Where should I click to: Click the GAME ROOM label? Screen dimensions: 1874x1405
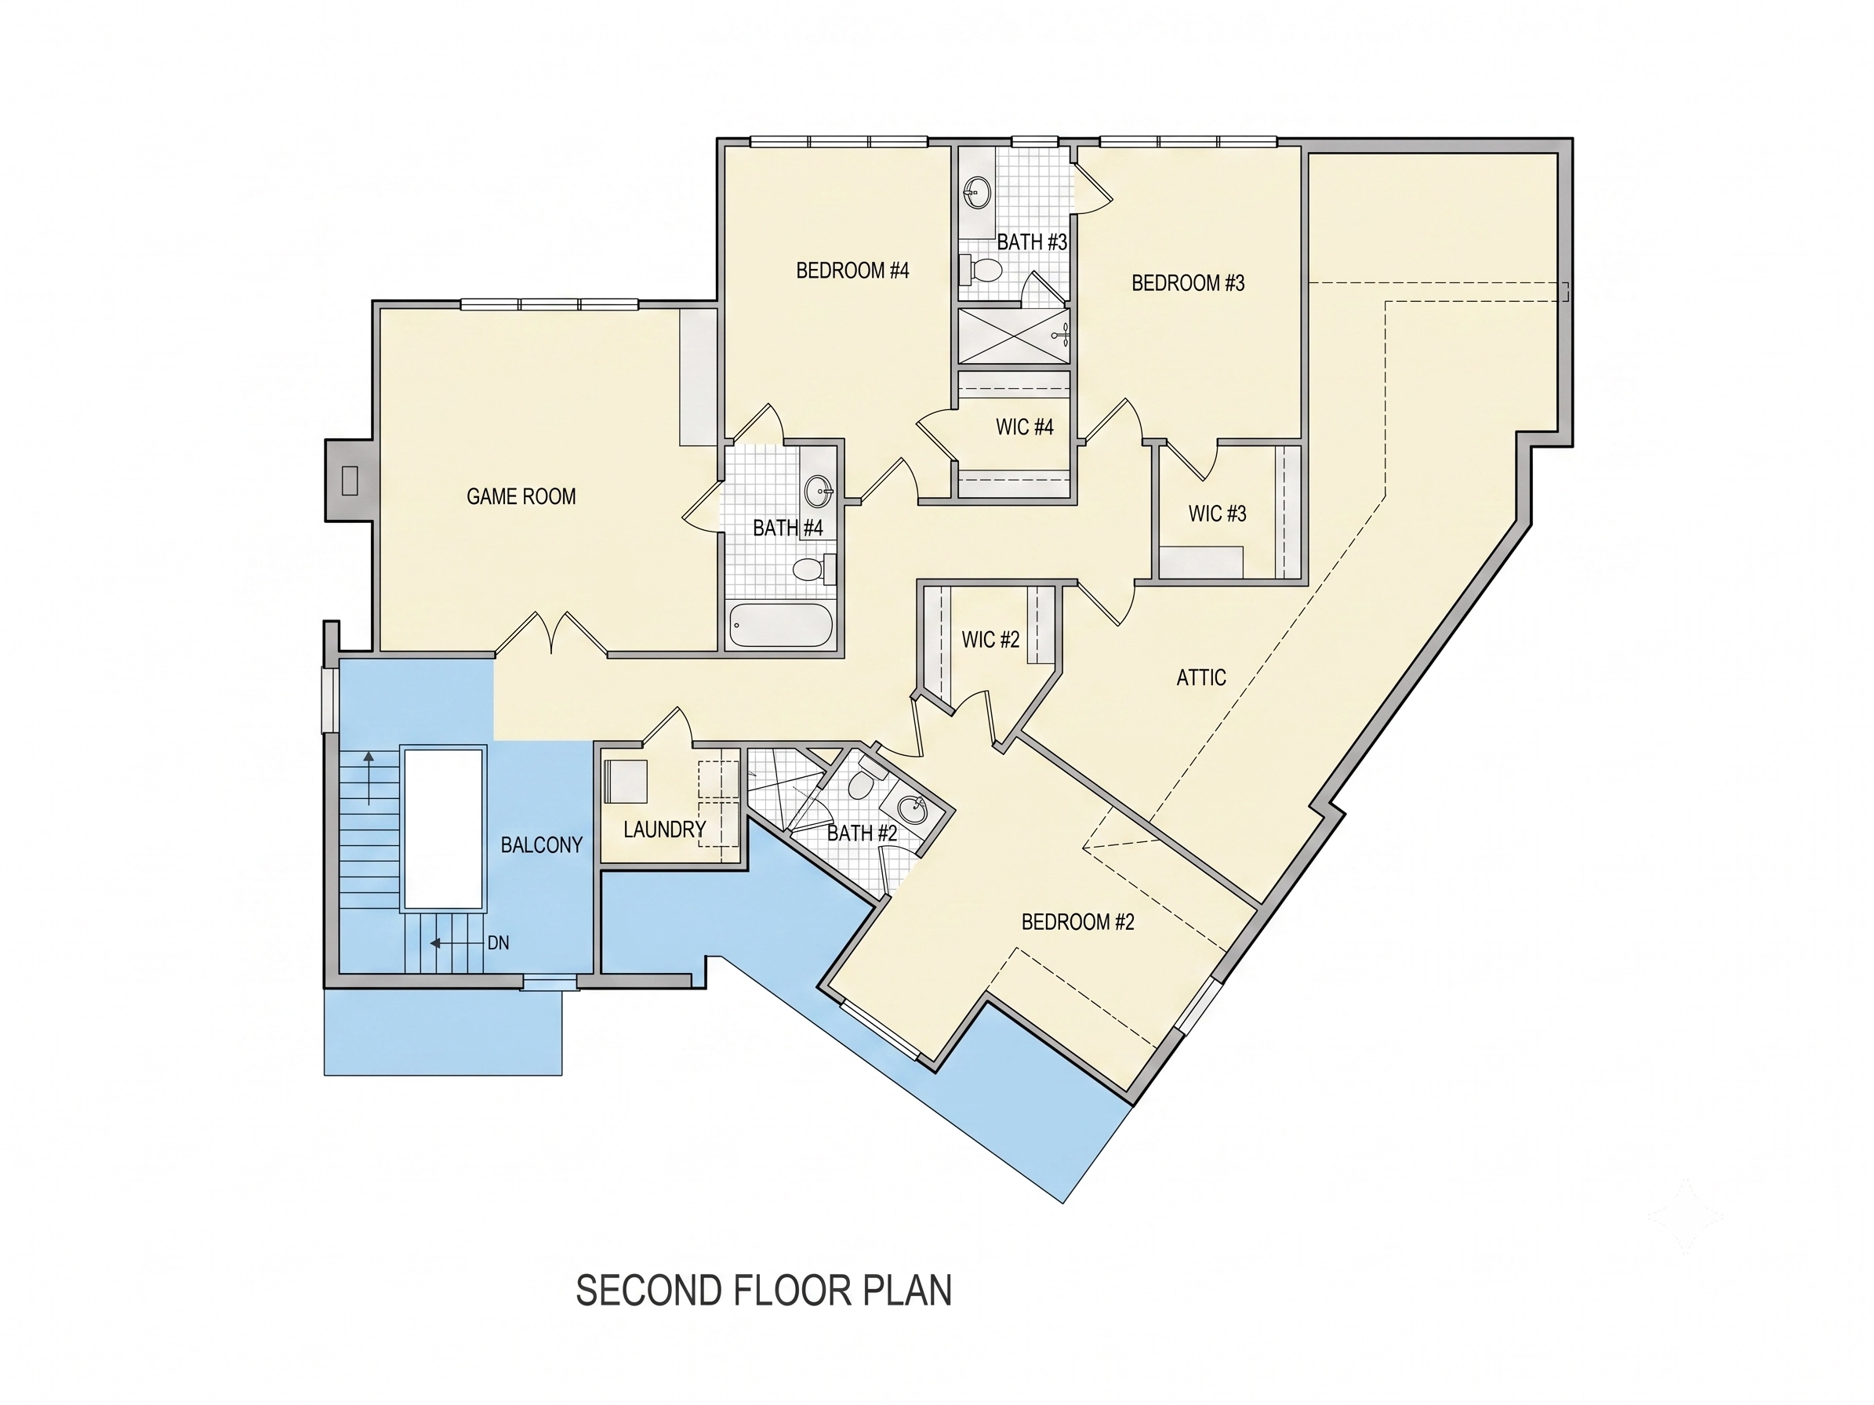coord(521,496)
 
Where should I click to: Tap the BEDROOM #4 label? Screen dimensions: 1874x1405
coord(852,270)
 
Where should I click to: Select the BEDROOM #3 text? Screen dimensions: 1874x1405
coord(1188,283)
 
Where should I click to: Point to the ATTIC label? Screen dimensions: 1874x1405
coord(1201,677)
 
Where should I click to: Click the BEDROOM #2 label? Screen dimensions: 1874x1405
coord(1077,921)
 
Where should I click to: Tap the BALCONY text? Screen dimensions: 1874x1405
coord(541,844)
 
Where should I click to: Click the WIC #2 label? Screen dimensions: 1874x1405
coord(990,640)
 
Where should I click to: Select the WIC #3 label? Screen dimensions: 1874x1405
coord(1218,514)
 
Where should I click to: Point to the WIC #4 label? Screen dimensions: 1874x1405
coord(1024,427)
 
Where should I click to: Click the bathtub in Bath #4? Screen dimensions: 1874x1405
coord(780,625)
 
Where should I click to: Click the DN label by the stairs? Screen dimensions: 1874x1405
coord(498,942)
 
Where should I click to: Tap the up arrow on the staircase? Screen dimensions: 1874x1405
coord(369,777)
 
